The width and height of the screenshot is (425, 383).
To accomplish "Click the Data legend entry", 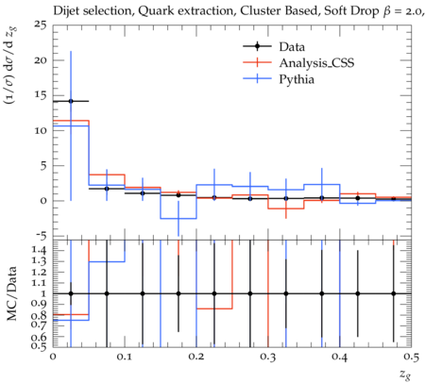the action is [274, 46].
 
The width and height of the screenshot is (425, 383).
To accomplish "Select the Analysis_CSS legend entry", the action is [298, 63].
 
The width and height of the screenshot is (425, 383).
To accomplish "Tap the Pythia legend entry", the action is [279, 78].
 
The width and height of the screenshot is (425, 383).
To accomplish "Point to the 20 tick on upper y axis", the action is [40, 60].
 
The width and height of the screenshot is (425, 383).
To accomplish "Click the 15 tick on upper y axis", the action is [41, 95].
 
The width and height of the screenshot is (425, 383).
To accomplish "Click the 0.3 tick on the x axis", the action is [268, 357].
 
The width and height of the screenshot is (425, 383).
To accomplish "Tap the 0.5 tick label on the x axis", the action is [411, 357].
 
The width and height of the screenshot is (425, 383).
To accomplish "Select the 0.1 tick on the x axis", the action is [125, 357].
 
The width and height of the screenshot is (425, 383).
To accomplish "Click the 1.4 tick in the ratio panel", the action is [39, 250].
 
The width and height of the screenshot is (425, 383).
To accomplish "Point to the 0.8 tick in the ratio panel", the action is [39, 315].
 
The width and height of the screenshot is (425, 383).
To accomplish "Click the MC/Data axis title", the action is [11, 293].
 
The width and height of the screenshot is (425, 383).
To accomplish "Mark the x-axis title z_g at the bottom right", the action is [406, 375].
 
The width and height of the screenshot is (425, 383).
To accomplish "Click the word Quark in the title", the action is [156, 11].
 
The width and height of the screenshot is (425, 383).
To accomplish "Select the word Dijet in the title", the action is [64, 11].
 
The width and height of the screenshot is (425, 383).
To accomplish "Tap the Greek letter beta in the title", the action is [387, 11].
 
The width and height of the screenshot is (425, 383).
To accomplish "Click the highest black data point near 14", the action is [71, 101].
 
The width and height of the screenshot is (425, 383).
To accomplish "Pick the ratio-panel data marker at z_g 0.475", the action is [394, 293].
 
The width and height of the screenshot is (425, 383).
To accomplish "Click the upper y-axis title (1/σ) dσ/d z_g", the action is [11, 65].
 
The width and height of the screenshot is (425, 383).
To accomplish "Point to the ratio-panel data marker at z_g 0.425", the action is [358, 293].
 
